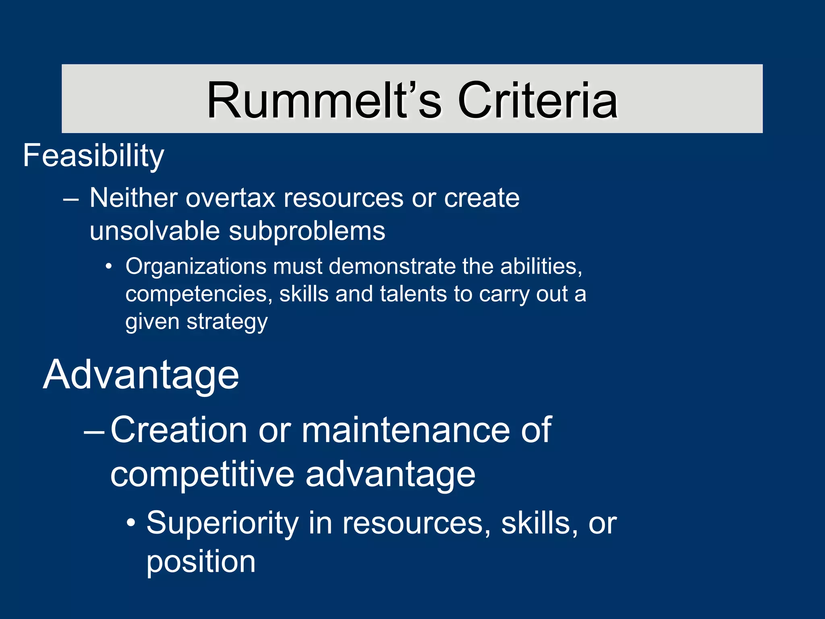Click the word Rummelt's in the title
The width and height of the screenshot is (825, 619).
click(324, 101)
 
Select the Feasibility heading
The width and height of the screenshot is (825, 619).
click(93, 156)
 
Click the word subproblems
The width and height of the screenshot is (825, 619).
click(307, 231)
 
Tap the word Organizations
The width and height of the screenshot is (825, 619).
click(196, 266)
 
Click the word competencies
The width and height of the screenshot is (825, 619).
click(196, 294)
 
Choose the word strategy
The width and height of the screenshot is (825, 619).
click(227, 322)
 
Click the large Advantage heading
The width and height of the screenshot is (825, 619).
click(141, 375)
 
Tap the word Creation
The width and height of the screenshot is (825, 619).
click(179, 430)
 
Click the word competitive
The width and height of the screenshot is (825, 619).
click(203, 474)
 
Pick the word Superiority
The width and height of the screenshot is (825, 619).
click(222, 523)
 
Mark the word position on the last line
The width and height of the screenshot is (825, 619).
click(201, 562)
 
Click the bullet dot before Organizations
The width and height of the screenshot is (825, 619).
click(108, 267)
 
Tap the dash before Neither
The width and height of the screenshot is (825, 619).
click(71, 199)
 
